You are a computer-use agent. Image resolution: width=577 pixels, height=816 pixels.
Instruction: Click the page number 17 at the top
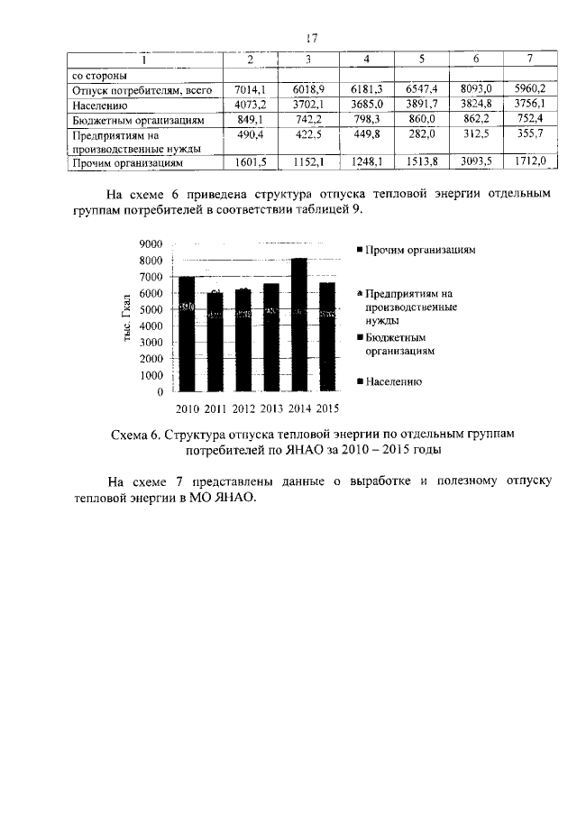[x=312, y=38]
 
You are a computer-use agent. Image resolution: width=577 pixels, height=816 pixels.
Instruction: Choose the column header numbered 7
[x=530, y=60]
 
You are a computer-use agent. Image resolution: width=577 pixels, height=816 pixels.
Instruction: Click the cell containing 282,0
[x=421, y=134]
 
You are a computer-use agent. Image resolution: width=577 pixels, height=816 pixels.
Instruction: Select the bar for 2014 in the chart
[x=299, y=325]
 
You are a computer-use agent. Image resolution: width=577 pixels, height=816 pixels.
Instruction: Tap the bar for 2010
[x=187, y=334]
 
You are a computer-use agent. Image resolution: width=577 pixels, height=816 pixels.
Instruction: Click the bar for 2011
[x=215, y=342]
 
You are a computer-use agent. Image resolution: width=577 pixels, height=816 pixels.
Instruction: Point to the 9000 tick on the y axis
[x=151, y=244]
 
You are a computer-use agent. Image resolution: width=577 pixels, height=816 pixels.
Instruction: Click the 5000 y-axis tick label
[x=151, y=309]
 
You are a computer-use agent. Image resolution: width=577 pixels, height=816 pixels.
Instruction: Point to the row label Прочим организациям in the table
[x=127, y=164]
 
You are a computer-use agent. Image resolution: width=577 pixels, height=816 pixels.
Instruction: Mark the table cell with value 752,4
[x=530, y=119]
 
